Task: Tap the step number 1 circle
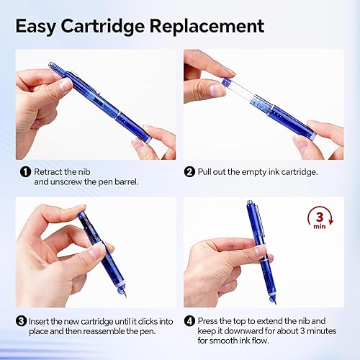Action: click(24, 171)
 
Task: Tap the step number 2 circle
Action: click(189, 171)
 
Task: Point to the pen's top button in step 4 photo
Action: click(249, 204)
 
